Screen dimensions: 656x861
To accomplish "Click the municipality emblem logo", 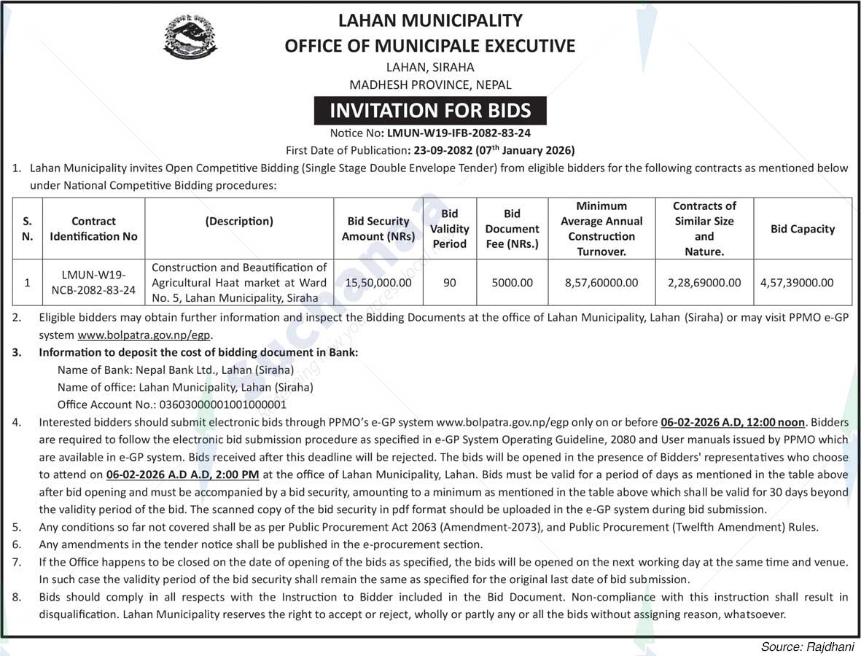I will pos(190,36).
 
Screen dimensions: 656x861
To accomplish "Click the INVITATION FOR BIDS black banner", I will pos(430,111).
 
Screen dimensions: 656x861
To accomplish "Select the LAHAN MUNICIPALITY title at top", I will pos(430,20).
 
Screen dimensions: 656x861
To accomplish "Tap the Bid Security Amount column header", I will pos(378,229).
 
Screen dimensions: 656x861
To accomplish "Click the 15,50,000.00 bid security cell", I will pos(378,283).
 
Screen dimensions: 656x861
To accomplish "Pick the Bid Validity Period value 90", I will pos(449,283).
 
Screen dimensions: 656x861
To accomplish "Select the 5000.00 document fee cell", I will pos(512,283).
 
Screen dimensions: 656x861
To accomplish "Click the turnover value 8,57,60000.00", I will pos(601,283).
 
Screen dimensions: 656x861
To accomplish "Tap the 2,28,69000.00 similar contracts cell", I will pos(704,283).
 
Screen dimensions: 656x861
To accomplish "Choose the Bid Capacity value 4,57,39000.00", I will pos(802,283).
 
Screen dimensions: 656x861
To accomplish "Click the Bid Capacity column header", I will pos(802,229).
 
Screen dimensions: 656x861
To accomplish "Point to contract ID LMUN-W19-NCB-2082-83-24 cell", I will pos(93,283).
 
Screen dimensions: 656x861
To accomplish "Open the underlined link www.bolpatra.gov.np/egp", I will pos(124,336).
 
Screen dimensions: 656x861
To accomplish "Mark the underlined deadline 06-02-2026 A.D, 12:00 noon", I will pos(732,422).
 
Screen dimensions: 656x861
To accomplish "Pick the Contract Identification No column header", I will pos(93,229).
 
